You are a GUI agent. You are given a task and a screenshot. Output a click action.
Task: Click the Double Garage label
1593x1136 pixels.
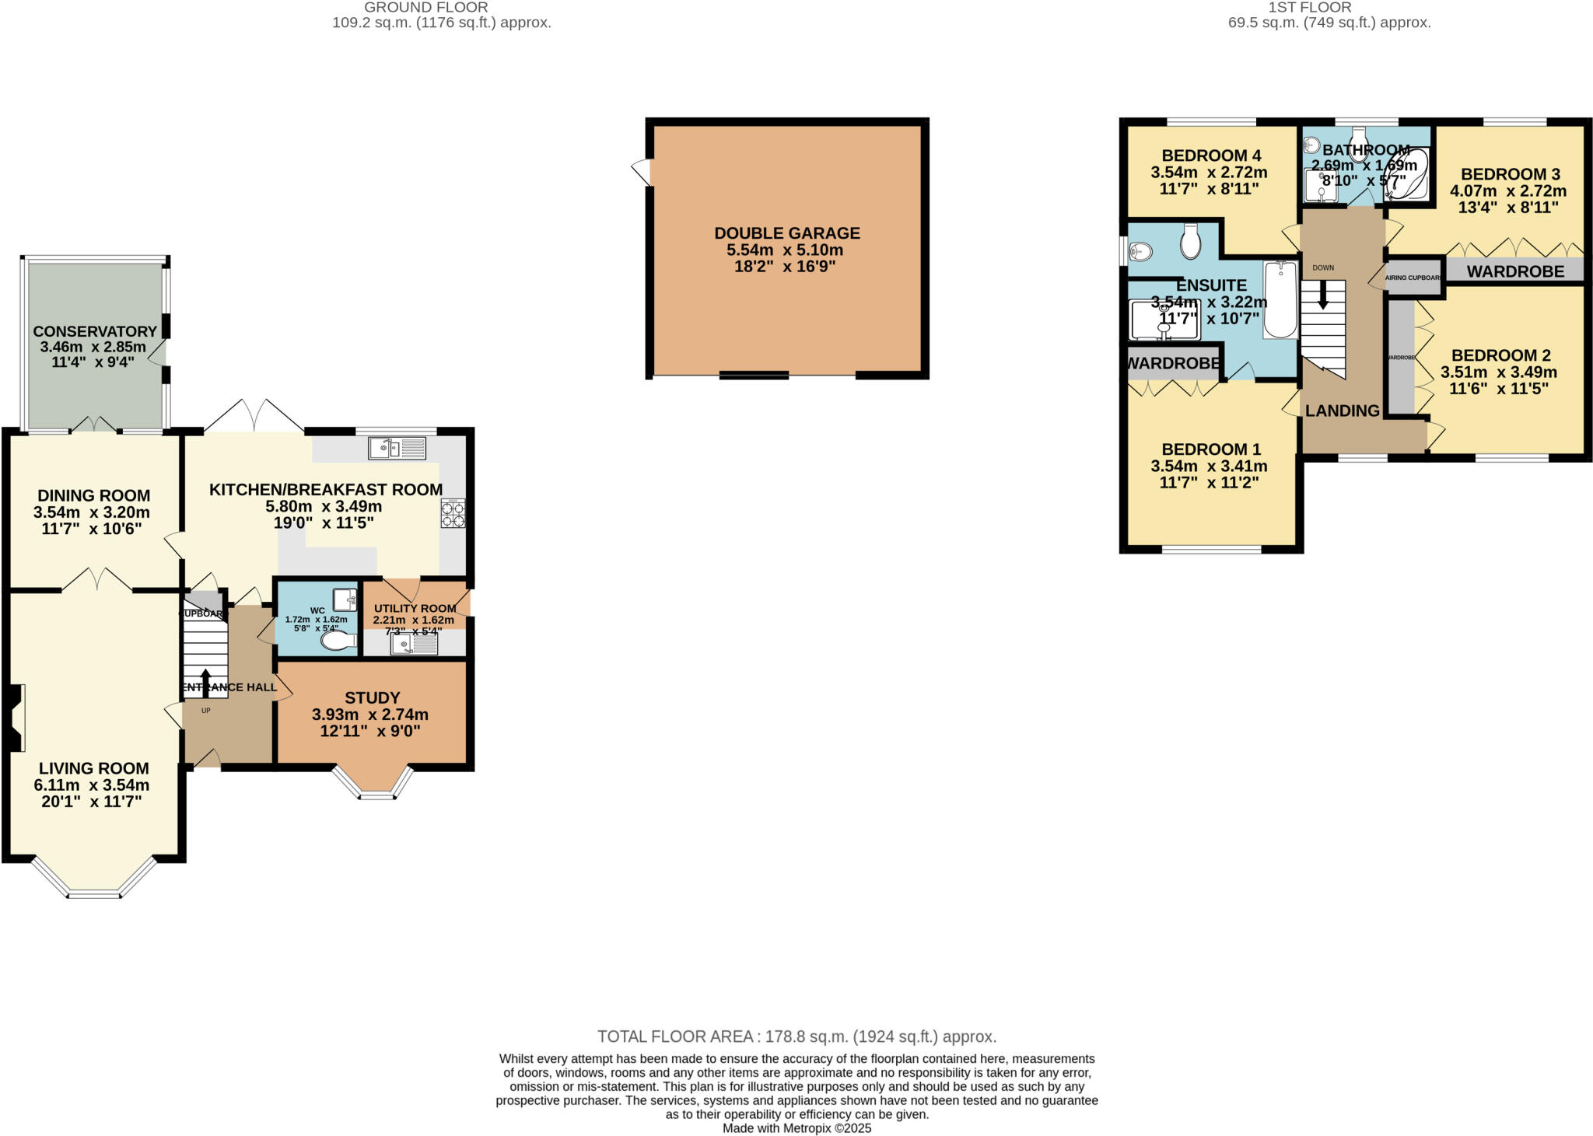(786, 233)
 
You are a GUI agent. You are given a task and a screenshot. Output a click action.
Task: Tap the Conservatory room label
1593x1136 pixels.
(94, 332)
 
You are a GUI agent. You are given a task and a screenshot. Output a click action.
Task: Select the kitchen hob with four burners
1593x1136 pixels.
(453, 514)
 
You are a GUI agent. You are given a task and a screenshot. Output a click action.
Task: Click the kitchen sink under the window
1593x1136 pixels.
(397, 448)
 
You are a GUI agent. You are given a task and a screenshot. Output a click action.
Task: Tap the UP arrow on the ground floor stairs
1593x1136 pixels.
(205, 681)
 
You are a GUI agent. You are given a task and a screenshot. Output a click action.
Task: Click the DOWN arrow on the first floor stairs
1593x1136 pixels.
(1323, 295)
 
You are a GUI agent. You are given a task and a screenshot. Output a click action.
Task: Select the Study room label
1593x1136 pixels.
(372, 698)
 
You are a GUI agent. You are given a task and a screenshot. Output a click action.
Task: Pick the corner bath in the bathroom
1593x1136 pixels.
(1409, 175)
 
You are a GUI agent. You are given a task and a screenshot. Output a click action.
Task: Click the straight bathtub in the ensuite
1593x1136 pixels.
(1280, 299)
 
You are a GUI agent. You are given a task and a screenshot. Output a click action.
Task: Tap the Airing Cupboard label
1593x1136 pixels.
(1413, 278)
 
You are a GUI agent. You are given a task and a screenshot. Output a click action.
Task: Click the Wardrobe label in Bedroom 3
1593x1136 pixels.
(1515, 271)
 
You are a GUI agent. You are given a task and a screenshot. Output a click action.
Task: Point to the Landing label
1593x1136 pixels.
(1342, 411)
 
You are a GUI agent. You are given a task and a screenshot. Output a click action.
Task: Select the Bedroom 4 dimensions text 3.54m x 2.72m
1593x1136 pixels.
(1209, 173)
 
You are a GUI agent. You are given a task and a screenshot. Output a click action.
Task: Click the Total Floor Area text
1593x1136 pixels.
(796, 1036)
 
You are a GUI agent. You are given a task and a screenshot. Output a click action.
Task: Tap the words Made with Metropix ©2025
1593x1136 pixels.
(796, 1128)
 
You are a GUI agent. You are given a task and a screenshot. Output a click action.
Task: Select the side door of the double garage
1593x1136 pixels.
(642, 171)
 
